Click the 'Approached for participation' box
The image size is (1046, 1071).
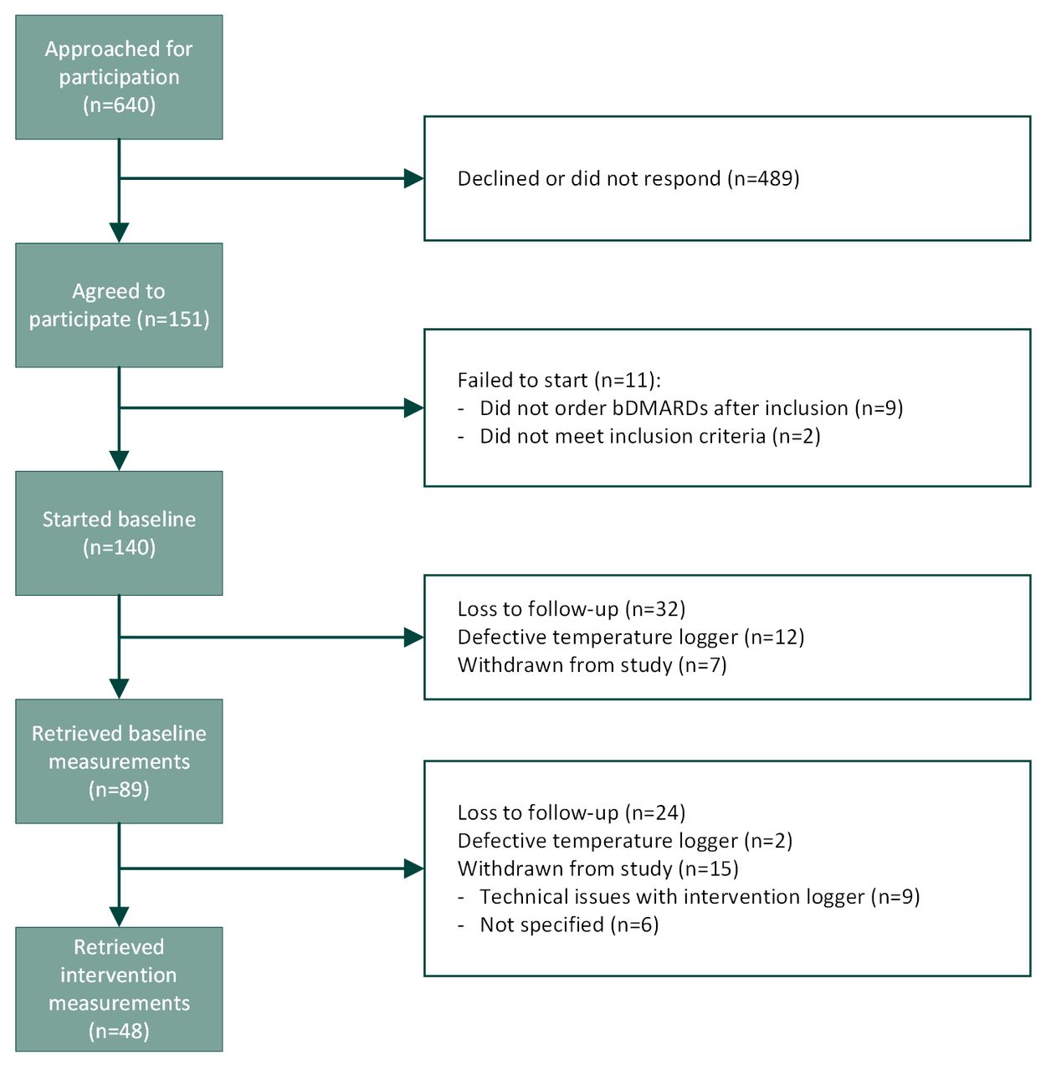(119, 77)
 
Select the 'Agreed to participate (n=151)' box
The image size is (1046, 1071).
(119, 305)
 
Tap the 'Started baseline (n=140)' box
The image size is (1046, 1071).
(119, 533)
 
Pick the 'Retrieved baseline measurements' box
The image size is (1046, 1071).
(119, 761)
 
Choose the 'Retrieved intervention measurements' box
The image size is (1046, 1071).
(119, 989)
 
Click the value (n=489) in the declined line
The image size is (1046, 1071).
(763, 178)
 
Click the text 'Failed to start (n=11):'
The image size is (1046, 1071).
(559, 380)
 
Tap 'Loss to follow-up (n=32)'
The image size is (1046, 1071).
(572, 608)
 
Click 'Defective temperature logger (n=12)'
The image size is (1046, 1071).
(631, 637)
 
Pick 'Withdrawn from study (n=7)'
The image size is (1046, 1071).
(592, 665)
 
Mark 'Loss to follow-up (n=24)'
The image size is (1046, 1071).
(572, 812)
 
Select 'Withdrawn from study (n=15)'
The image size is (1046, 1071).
(597, 868)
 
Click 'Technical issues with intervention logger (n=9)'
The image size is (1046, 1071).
(700, 896)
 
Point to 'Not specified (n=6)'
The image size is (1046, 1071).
(569, 925)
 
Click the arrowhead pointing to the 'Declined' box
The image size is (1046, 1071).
(414, 178)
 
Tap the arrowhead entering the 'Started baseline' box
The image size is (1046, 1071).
(119, 461)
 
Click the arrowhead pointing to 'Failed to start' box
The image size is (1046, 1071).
(414, 407)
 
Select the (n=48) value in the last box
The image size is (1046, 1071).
(119, 1031)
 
